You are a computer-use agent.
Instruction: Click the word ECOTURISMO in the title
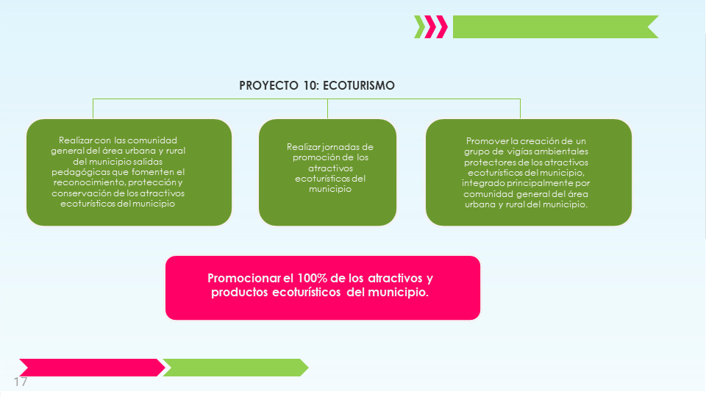pyautogui.click(x=359, y=85)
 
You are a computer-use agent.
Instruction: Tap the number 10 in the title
pyautogui.click(x=310, y=85)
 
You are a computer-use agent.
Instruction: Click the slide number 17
pyautogui.click(x=21, y=382)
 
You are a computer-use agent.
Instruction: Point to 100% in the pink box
pyautogui.click(x=312, y=278)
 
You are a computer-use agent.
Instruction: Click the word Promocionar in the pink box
pyautogui.click(x=244, y=278)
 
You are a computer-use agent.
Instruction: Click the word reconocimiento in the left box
pyautogui.click(x=89, y=182)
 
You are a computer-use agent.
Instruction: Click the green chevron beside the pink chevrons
pyautogui.click(x=420, y=27)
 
